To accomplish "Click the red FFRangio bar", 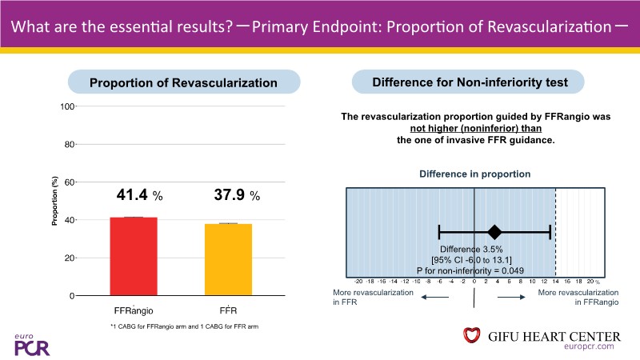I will (134, 256).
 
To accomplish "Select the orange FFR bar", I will (229, 259).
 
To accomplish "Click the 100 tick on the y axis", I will (69, 106).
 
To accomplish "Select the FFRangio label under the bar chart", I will (133, 308).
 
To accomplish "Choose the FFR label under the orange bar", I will (229, 308).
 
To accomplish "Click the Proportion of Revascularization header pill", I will (183, 82).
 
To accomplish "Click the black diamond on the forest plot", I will (494, 232).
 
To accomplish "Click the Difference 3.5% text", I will (475, 248).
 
